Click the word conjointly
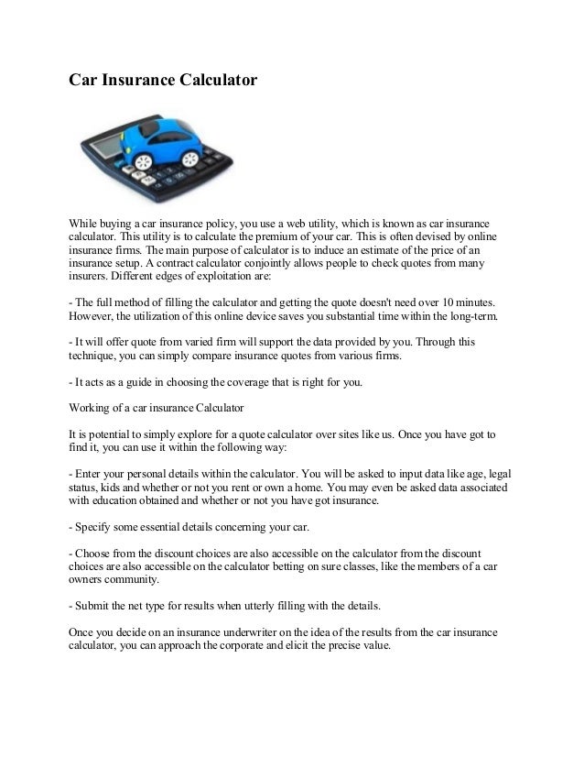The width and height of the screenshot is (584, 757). point(266,266)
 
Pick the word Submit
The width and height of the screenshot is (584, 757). point(97,606)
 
